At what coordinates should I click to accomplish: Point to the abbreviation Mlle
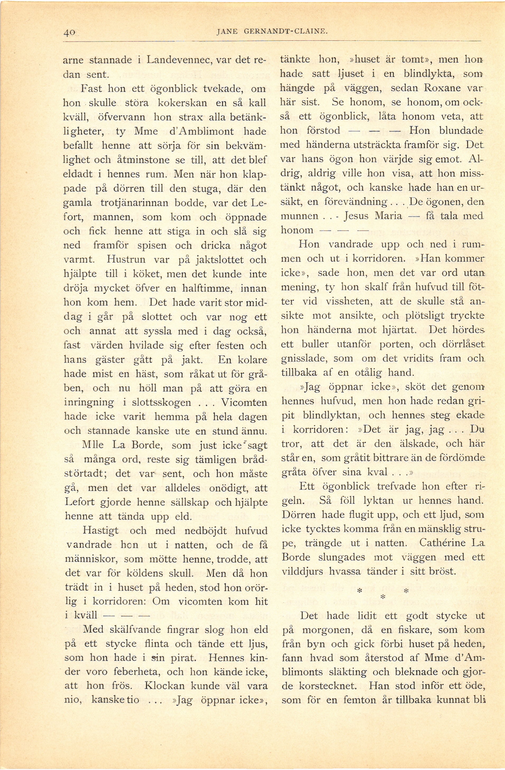click(92, 445)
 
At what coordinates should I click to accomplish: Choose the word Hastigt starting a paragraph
click(101, 531)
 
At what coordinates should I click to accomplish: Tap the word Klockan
click(164, 686)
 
